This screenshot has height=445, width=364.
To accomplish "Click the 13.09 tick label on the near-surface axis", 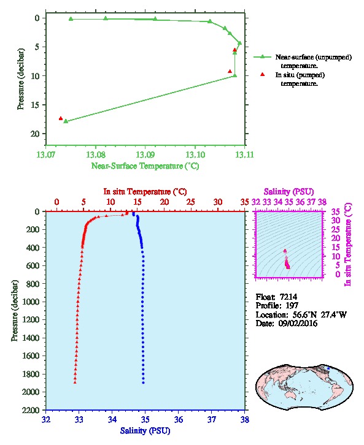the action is pyautogui.click(x=145, y=154).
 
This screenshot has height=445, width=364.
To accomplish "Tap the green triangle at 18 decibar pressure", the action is pyautogui.click(x=66, y=121).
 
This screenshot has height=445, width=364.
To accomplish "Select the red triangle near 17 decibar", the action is pyautogui.click(x=61, y=118).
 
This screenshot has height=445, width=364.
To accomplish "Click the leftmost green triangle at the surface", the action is pyautogui.click(x=71, y=19).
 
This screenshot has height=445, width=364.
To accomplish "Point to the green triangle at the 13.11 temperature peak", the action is pyautogui.click(x=240, y=43).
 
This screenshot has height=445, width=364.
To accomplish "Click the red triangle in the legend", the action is pyautogui.click(x=263, y=74).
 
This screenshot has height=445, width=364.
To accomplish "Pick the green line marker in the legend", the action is pyautogui.click(x=263, y=57).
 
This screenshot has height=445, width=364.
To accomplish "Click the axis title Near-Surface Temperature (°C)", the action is pyautogui.click(x=145, y=166).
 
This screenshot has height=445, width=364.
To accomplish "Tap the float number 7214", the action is pyautogui.click(x=288, y=297).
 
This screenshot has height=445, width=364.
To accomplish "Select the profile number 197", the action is pyautogui.click(x=292, y=306).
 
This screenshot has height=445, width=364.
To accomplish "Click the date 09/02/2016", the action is pyautogui.click(x=298, y=323).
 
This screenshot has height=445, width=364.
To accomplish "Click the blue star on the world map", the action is pyautogui.click(x=328, y=368).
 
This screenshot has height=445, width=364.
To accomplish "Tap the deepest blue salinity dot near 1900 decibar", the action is pyautogui.click(x=143, y=382).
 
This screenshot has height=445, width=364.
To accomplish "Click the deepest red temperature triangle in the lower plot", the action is pyautogui.click(x=75, y=382).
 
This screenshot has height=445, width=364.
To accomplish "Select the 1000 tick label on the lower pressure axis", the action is pyautogui.click(x=31, y=302).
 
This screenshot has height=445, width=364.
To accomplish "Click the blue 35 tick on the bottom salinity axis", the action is pyautogui.click(x=145, y=419).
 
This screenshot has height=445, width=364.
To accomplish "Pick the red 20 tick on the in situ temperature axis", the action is pyautogui.click(x=165, y=202).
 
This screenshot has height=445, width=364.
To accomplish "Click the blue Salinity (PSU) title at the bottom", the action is pyautogui.click(x=145, y=431).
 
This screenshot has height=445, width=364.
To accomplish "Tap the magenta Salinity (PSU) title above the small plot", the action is pyautogui.click(x=288, y=192).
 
